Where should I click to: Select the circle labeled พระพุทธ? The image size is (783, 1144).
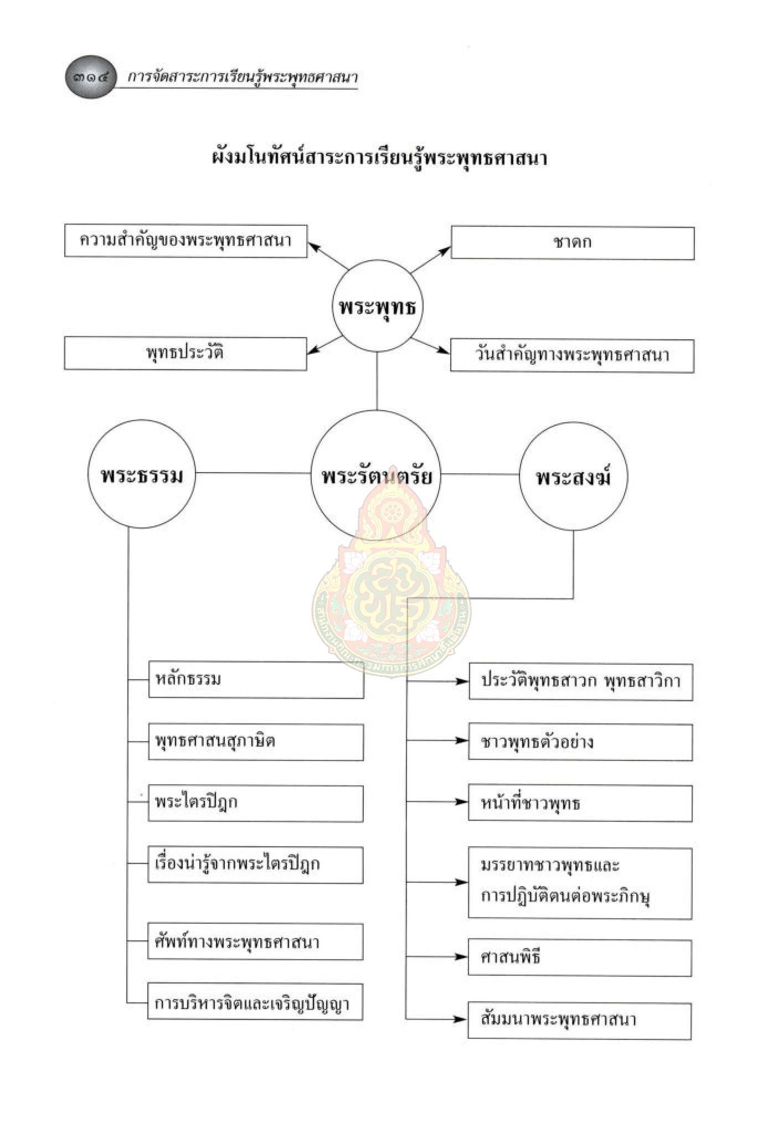click(x=377, y=306)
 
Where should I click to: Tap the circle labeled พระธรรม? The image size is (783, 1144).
click(x=142, y=475)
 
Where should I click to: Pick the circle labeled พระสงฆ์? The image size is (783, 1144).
click(x=573, y=477)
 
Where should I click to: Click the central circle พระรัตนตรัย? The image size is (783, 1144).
click(x=377, y=475)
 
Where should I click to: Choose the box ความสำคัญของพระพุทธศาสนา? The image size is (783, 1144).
click(x=186, y=241)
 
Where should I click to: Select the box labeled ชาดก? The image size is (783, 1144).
click(x=573, y=242)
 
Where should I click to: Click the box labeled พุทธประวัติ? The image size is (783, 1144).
click(x=186, y=353)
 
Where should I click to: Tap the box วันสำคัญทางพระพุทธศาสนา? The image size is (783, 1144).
click(x=572, y=355)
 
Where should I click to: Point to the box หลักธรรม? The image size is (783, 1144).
click(x=256, y=679)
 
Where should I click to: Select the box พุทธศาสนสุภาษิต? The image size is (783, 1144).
click(x=256, y=742)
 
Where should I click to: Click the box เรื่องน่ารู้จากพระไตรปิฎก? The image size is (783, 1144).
click(x=256, y=865)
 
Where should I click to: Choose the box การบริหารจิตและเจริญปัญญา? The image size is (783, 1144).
click(x=255, y=1003)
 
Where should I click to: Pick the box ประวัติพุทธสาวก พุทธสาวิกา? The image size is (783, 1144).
click(x=581, y=681)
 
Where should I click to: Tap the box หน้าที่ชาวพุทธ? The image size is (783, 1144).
click(x=580, y=803)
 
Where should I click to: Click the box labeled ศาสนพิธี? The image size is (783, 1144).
click(x=580, y=957)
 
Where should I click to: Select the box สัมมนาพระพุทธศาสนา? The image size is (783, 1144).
click(x=579, y=1019)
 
